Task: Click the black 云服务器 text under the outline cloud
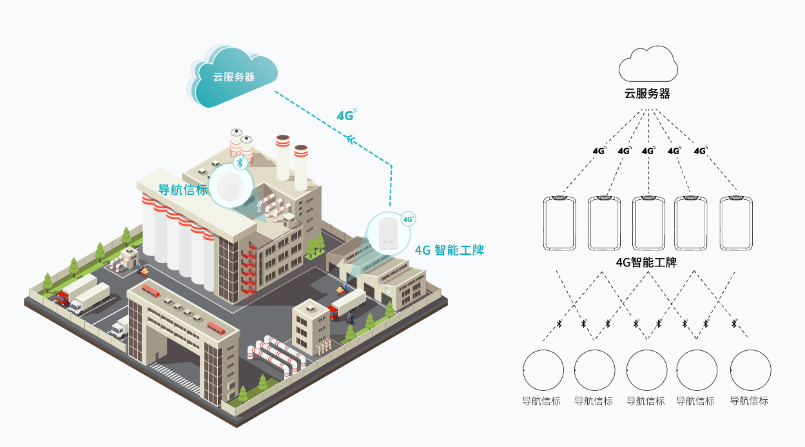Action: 647,94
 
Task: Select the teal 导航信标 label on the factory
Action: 183,190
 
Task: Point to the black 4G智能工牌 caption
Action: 646,263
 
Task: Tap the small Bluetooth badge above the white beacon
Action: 241,162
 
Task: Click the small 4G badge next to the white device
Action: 408,219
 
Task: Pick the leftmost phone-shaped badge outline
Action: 560,223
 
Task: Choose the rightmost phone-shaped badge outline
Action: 736,223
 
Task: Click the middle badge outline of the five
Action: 648,223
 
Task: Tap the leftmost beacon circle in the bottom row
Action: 543,370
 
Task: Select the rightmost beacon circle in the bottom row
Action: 750,370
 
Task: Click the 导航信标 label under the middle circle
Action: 646,401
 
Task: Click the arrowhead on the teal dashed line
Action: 351,139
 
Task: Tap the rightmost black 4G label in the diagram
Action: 701,151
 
